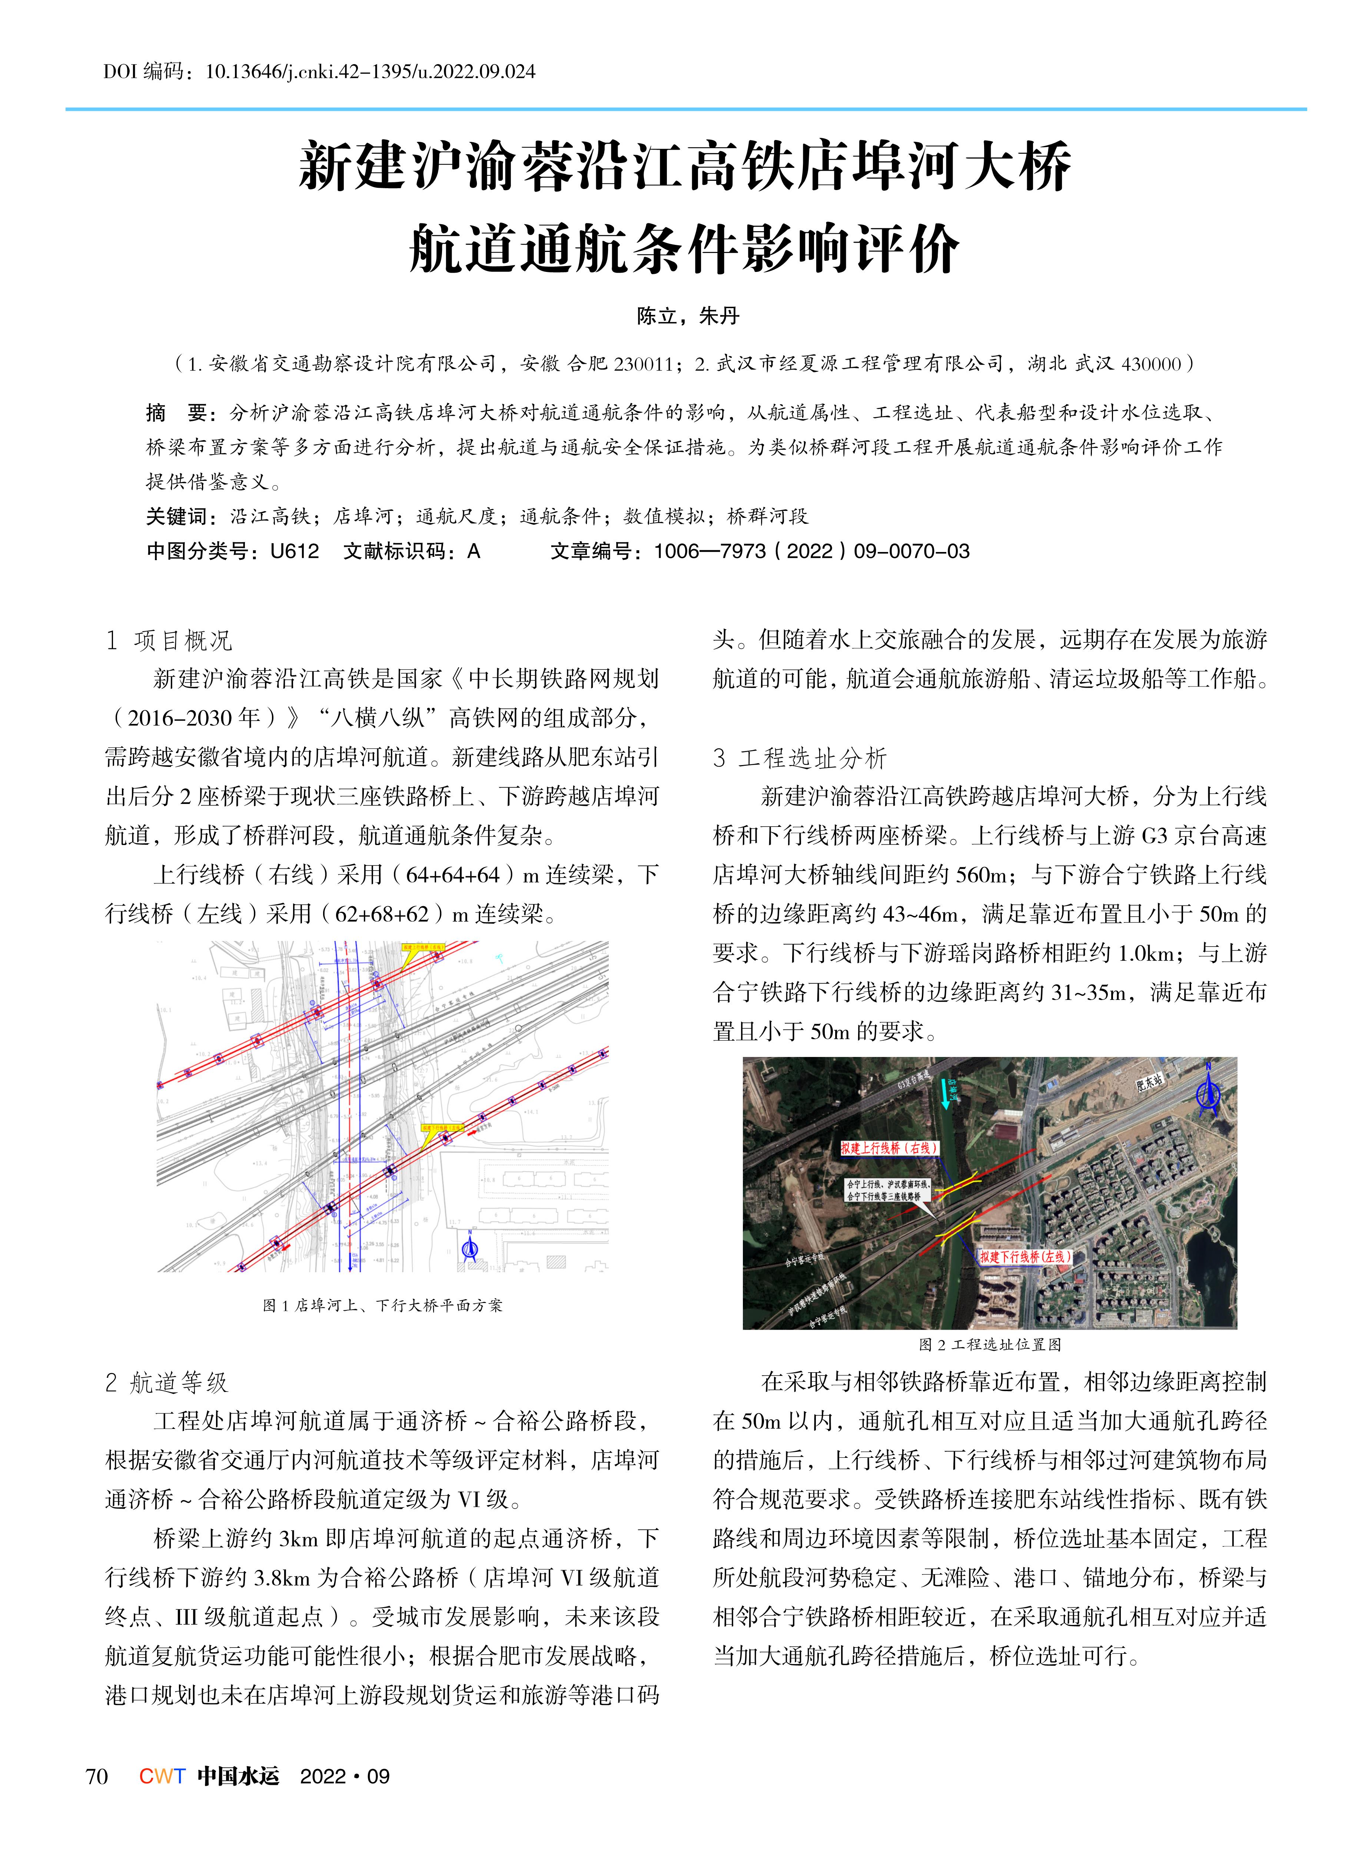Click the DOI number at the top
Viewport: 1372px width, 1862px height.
click(x=369, y=72)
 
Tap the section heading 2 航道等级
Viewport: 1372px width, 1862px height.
click(x=166, y=1383)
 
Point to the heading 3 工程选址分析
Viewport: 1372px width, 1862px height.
click(x=800, y=757)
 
